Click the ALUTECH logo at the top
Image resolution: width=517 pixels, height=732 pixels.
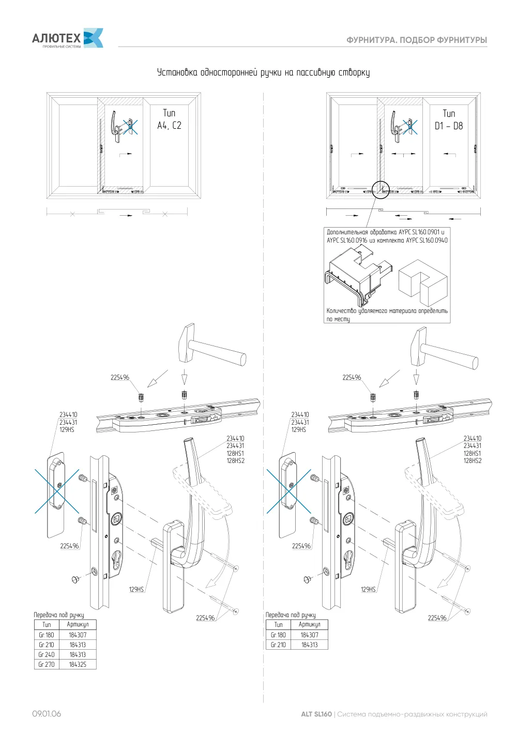pyautogui.click(x=67, y=38)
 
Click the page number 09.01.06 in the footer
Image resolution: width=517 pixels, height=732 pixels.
pyautogui.click(x=47, y=714)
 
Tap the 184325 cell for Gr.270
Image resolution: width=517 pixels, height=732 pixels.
pyautogui.click(x=78, y=664)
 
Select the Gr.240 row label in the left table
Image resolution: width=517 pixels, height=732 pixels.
pyautogui.click(x=47, y=654)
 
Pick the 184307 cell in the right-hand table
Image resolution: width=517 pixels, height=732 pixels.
pyautogui.click(x=309, y=635)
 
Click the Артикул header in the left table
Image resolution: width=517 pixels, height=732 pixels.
pyautogui.click(x=78, y=624)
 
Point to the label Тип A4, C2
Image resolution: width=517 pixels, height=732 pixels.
pyautogui.click(x=169, y=119)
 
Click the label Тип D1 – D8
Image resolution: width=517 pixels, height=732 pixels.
pyautogui.click(x=449, y=119)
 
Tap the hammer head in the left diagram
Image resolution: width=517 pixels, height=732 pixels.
pyautogui.click(x=186, y=342)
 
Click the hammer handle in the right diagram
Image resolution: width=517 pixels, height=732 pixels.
pyautogui.click(x=451, y=356)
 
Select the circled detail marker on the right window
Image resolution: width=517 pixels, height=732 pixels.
pyautogui.click(x=381, y=189)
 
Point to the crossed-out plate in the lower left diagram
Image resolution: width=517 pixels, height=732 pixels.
pyautogui.click(x=57, y=494)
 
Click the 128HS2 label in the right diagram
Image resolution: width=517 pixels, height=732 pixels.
pyautogui.click(x=472, y=461)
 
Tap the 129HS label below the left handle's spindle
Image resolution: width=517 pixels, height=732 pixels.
pyautogui.click(x=136, y=590)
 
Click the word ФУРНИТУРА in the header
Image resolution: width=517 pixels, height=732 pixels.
pyautogui.click(x=371, y=40)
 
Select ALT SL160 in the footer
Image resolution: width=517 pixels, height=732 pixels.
pyautogui.click(x=316, y=714)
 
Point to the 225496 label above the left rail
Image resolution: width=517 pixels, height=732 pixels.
pyautogui.click(x=120, y=378)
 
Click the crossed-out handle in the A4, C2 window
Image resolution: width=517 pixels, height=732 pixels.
pyautogui.click(x=130, y=127)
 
